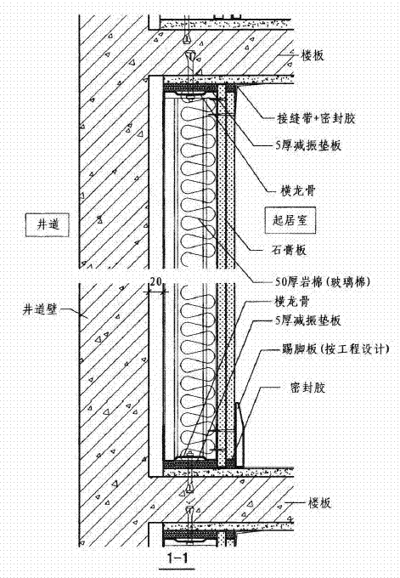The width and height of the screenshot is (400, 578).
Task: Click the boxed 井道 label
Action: pyautogui.click(x=48, y=224)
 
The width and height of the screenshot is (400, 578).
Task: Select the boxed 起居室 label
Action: pyautogui.click(x=290, y=220)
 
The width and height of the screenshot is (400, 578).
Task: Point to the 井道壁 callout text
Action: pyautogui.click(x=41, y=309)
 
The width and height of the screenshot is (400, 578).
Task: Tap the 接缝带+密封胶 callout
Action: pyautogui.click(x=316, y=118)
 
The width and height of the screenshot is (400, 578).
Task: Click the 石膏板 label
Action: pyautogui.click(x=289, y=250)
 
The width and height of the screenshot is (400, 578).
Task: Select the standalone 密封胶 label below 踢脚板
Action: pyautogui.click(x=308, y=388)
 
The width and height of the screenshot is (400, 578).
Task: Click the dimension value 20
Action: pyautogui.click(x=155, y=281)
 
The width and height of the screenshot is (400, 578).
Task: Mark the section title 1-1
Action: pyautogui.click(x=177, y=558)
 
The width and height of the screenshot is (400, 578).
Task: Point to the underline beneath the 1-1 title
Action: pyautogui.click(x=176, y=569)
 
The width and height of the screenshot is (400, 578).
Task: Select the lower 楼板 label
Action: pyautogui.click(x=319, y=503)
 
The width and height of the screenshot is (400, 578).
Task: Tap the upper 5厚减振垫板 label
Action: pyautogui.click(x=308, y=144)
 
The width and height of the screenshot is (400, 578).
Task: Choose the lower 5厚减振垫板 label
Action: pyautogui.click(x=308, y=320)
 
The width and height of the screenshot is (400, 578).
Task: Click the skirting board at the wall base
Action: pyautogui.click(x=239, y=435)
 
